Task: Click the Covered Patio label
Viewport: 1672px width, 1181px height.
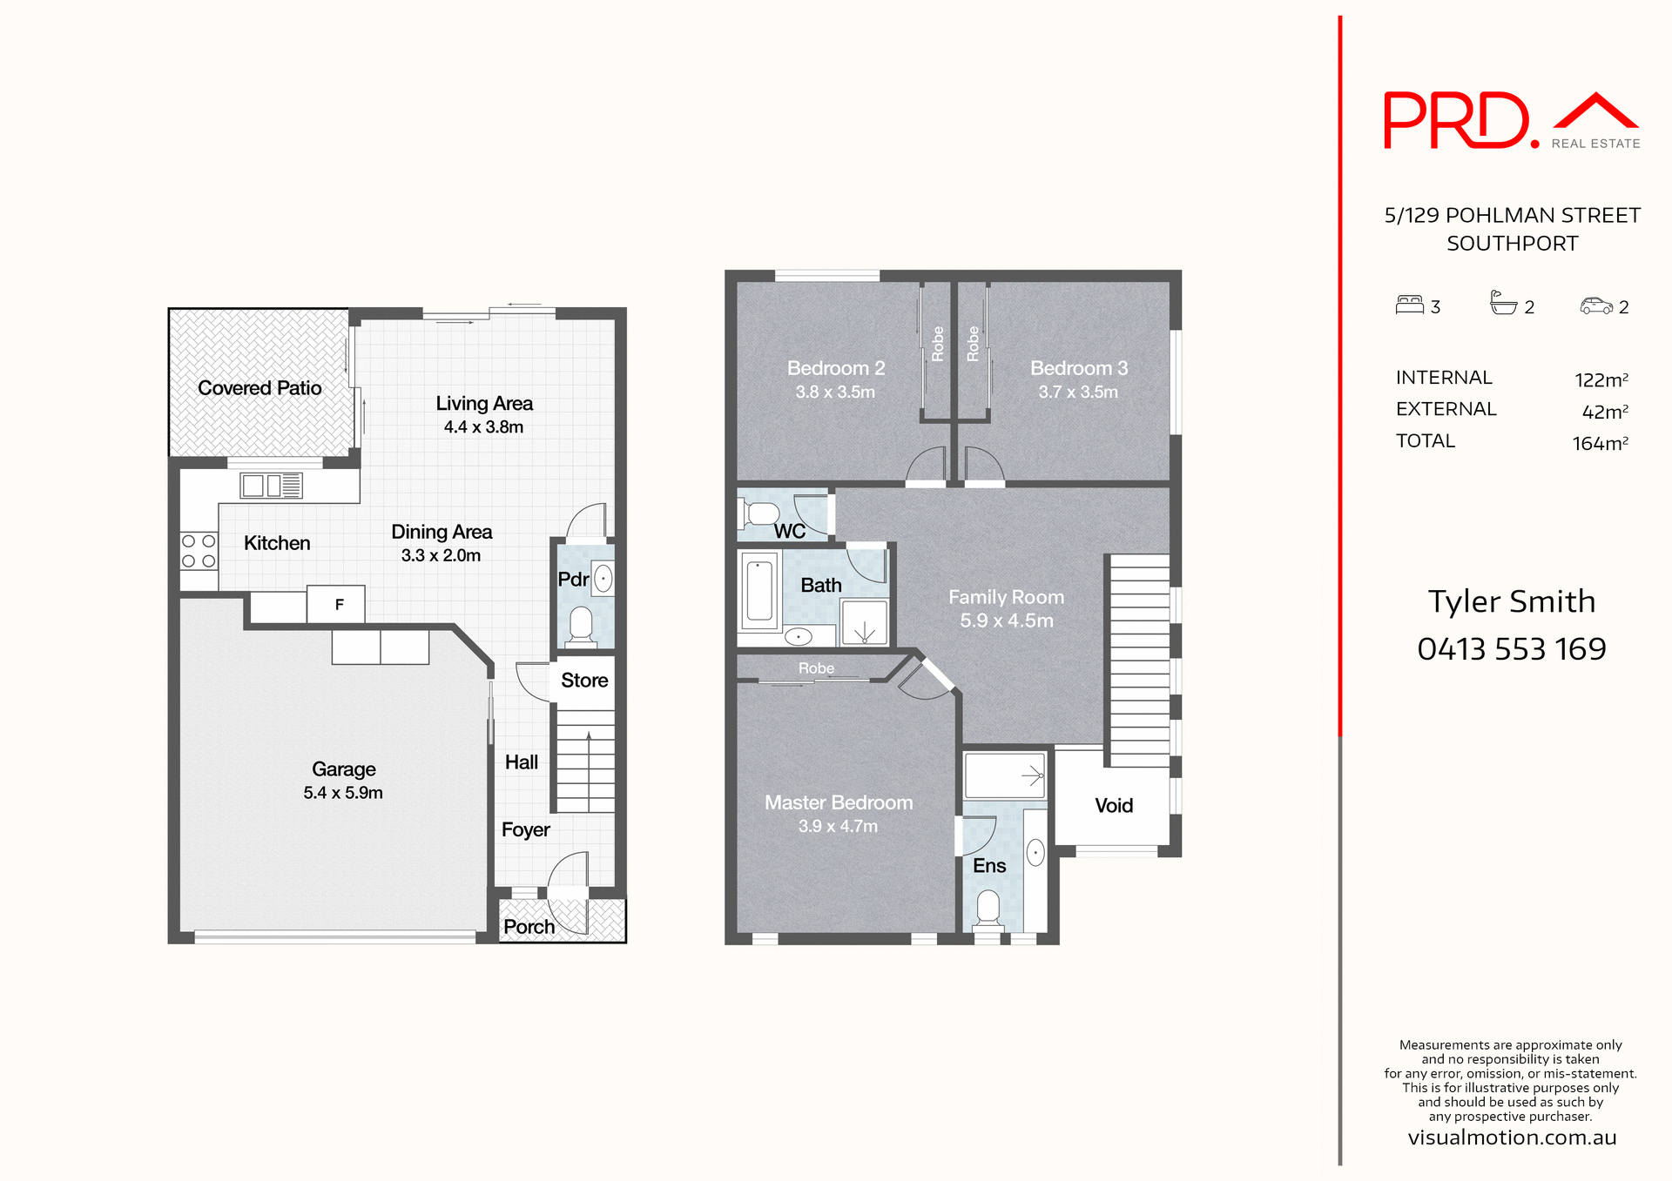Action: [x=260, y=388]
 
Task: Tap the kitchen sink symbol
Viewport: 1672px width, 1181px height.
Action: [x=271, y=486]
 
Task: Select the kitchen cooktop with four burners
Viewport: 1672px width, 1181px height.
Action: [x=199, y=551]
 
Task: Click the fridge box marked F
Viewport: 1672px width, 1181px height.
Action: [x=338, y=604]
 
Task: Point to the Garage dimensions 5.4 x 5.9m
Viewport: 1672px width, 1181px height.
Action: [x=343, y=793]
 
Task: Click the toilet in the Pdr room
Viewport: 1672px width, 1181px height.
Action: [x=581, y=626]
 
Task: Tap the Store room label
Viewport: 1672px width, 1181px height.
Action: [x=584, y=681]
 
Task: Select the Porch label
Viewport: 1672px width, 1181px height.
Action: [x=529, y=927]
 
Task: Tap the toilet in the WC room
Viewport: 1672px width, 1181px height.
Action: [x=760, y=513]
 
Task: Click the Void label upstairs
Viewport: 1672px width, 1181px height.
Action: [x=1113, y=806]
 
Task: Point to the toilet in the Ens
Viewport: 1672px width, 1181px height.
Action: [x=988, y=908]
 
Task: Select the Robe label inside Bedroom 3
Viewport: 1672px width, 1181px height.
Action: [x=973, y=344]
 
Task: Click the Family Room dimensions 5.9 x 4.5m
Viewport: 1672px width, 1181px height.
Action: [x=1006, y=621]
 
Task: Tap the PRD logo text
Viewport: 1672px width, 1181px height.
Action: [x=1456, y=121]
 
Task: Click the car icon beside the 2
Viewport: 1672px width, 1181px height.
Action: [x=1596, y=305]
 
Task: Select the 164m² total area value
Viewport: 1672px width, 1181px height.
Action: [x=1600, y=444]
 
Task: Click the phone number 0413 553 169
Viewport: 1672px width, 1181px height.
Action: [x=1511, y=649]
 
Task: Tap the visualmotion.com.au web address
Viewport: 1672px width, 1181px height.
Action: [x=1511, y=1137]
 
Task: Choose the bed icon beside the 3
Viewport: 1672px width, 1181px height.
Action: [x=1409, y=305]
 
